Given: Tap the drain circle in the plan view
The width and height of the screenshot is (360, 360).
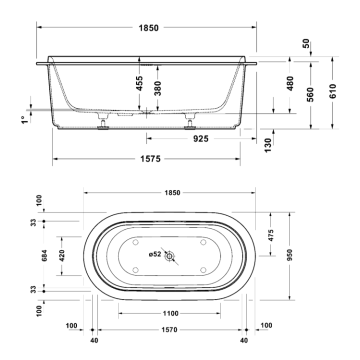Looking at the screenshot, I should tap(170, 256).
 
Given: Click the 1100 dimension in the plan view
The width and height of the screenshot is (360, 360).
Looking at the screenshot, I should tap(170, 313).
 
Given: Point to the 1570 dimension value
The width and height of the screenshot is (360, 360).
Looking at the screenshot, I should tap(170, 330).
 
